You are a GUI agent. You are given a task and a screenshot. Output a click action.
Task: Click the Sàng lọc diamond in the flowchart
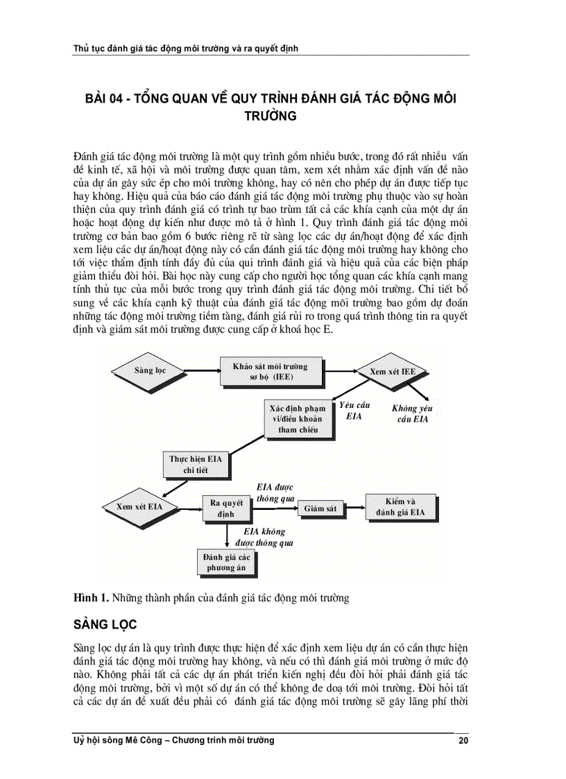(x=151, y=370)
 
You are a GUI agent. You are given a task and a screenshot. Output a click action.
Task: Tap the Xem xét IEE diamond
(x=393, y=372)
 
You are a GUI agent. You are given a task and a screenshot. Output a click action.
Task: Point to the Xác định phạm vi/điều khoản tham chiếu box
(x=297, y=418)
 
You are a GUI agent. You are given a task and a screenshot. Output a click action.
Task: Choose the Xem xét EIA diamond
(x=139, y=506)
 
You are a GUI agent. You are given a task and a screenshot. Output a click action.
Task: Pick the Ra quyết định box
(x=225, y=509)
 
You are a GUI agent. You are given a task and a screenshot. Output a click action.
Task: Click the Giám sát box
(x=320, y=508)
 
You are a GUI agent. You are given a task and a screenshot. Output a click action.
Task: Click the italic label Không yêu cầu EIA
(x=412, y=414)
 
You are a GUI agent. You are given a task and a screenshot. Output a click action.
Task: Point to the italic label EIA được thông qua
(x=275, y=493)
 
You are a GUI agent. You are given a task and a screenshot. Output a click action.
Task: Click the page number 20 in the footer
(x=463, y=740)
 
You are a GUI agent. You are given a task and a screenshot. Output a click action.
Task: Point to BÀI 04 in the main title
(x=103, y=99)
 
